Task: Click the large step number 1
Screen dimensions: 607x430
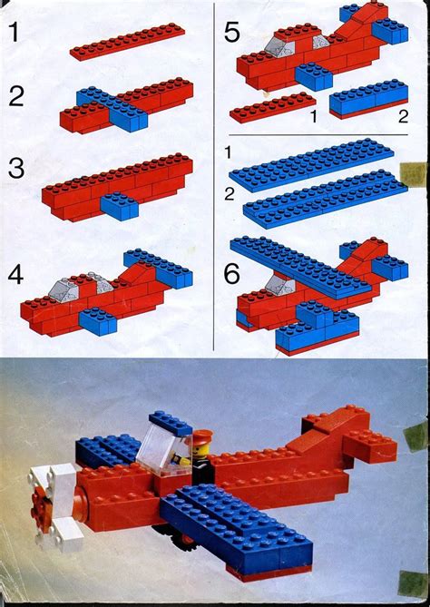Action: (x=15, y=34)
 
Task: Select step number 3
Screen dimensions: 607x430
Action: (x=15, y=170)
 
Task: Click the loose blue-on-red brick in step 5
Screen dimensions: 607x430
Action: (x=367, y=100)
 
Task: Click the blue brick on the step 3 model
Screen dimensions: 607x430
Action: (x=119, y=207)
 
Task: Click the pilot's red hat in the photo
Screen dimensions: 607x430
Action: (x=201, y=435)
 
